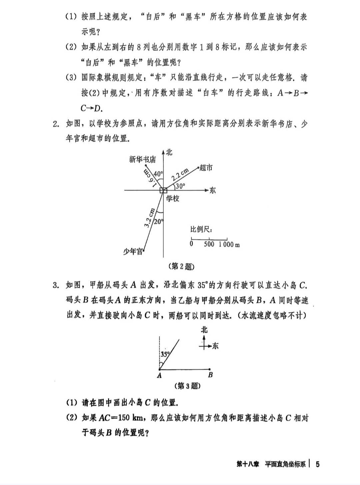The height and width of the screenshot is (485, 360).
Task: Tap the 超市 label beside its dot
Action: pos(206,168)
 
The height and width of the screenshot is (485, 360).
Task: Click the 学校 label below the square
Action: pos(173,198)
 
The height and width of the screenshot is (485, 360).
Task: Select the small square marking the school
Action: pos(163,190)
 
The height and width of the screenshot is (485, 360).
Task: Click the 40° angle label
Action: pos(158,174)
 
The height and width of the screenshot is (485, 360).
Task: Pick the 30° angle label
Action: pos(180,186)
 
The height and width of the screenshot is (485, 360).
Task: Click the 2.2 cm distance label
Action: pos(180,174)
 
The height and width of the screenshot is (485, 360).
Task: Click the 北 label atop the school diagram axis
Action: pos(169,152)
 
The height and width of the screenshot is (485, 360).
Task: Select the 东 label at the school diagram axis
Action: pos(212,190)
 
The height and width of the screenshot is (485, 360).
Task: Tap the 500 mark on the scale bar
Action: pos(209,244)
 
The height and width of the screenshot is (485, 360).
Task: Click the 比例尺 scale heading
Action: pos(201,230)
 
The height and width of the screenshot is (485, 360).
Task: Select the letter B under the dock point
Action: pos(210,375)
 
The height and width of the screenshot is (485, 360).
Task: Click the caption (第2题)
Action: pos(182,267)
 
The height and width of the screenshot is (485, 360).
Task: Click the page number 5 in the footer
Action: pos(317,464)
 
